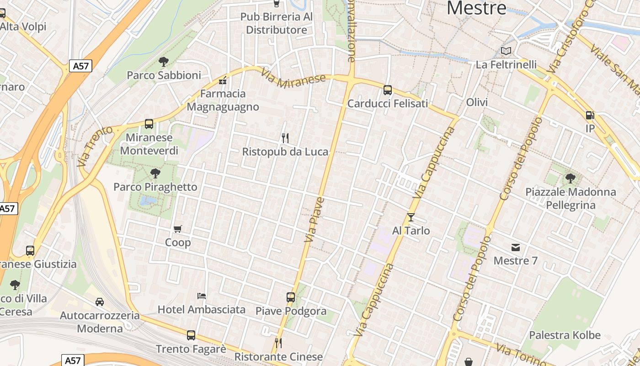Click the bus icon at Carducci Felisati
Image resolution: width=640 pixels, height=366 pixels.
[388, 90]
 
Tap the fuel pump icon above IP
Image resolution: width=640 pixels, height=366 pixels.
[590, 115]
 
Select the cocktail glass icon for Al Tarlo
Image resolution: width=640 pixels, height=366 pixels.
[411, 217]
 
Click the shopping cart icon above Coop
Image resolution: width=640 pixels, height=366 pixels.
[177, 228]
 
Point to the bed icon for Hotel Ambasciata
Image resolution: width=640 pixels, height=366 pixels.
[201, 296]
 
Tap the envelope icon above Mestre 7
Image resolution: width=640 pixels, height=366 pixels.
[516, 248]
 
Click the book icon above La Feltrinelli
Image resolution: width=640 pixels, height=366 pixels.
[506, 51]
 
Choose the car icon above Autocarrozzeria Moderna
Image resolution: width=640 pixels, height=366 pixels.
[99, 301]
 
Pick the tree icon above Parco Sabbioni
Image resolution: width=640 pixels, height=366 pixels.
[163, 61]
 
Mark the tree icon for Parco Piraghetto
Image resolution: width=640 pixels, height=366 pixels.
[155, 173]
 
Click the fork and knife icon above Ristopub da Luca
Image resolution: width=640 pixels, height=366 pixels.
[285, 137]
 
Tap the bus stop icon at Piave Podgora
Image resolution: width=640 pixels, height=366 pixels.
[291, 297]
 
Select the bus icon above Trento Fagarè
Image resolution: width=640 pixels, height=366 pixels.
[191, 335]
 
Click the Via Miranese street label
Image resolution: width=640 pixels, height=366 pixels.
[293, 79]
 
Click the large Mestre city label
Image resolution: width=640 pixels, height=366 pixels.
[476, 8]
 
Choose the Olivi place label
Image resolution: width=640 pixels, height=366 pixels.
[477, 102]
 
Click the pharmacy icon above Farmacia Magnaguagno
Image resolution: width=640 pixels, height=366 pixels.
[223, 80]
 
